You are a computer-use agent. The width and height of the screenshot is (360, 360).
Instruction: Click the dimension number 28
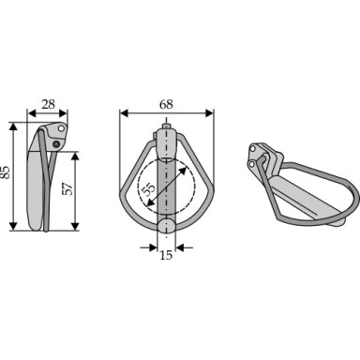[49, 104]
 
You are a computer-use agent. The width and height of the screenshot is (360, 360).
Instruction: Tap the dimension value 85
[6, 172]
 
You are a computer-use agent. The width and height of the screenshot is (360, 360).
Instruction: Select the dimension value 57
[67, 188]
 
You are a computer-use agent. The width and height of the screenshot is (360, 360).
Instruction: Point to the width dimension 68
[166, 104]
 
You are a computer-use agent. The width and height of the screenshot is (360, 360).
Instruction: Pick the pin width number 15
[166, 255]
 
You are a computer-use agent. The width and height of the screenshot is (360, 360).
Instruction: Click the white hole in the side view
[62, 128]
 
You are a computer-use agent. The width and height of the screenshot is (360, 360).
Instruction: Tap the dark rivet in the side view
[56, 144]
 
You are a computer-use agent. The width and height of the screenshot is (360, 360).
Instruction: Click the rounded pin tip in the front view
[166, 226]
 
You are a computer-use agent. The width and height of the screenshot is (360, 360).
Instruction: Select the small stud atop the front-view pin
[167, 127]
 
